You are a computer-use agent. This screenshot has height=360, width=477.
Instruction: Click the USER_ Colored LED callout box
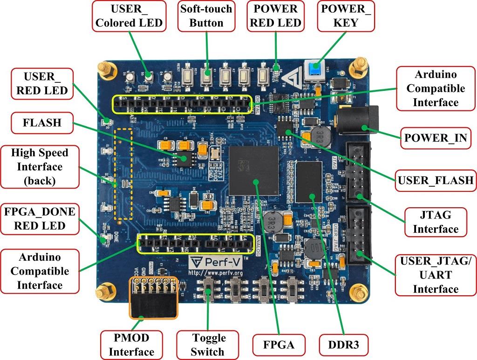[129, 16]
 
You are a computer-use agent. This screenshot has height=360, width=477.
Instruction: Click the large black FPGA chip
[254, 170]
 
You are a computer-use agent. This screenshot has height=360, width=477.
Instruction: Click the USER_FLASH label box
[435, 180]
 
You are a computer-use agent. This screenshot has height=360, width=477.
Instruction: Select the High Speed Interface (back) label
[39, 167]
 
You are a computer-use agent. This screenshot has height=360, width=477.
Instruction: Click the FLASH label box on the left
[42, 123]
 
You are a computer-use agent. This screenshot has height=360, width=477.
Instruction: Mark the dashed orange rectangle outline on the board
[124, 174]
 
